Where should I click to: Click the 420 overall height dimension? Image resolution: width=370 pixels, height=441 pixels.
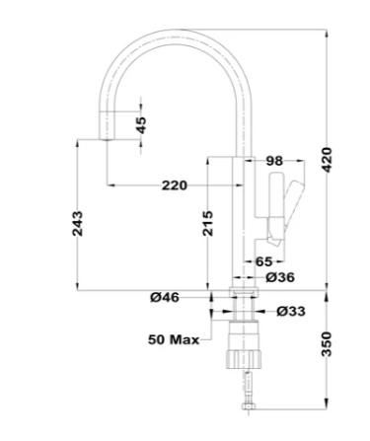[x=327, y=160]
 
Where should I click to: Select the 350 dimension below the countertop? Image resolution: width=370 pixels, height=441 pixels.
[x=327, y=344]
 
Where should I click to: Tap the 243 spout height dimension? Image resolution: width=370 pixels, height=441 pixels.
[x=77, y=224]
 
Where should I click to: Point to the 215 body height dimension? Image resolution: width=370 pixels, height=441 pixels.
[x=207, y=224]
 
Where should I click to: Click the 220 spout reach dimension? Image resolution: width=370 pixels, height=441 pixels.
[x=175, y=185]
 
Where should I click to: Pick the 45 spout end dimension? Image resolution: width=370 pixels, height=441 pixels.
[x=141, y=125]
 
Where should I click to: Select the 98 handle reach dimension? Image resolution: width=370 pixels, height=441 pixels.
[x=274, y=161]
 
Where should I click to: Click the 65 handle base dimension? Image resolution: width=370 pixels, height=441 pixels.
[x=263, y=261]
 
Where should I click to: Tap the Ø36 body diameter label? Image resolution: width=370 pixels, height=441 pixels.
[x=280, y=277]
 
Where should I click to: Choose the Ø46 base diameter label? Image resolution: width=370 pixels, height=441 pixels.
[x=165, y=298]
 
